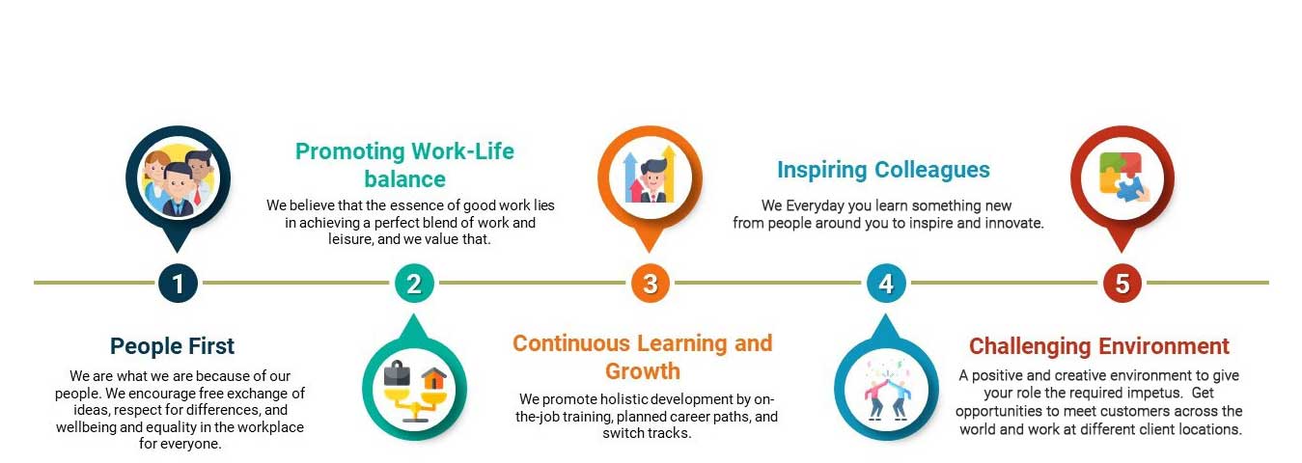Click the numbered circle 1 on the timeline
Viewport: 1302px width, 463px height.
(x=178, y=284)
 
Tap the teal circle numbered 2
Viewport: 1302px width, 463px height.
(x=414, y=284)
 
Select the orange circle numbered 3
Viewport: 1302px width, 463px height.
(x=651, y=284)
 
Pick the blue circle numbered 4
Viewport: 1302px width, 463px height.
(x=886, y=284)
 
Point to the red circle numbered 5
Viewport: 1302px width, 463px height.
(x=1122, y=284)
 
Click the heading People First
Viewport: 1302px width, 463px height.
(x=172, y=346)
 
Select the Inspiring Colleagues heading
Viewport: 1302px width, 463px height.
(x=883, y=170)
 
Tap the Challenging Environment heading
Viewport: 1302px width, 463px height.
(x=1099, y=346)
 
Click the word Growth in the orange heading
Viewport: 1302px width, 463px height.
(x=643, y=371)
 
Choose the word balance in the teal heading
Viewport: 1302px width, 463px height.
(x=405, y=179)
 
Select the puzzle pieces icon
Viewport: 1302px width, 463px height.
(x=1123, y=177)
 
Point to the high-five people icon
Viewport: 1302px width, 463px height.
(x=886, y=389)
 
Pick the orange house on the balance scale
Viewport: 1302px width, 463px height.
(x=433, y=379)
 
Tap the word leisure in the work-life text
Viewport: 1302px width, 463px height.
(x=350, y=239)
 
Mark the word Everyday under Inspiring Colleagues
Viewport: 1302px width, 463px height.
(x=814, y=206)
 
